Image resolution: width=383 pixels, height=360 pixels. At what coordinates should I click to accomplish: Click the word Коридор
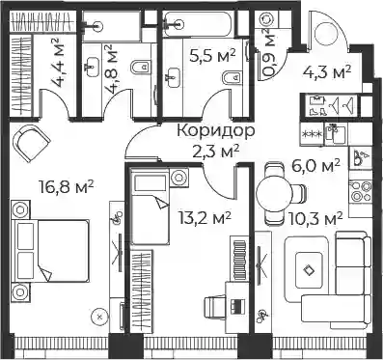tap(216, 131)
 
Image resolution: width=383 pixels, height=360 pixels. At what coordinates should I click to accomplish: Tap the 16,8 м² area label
tap(66, 187)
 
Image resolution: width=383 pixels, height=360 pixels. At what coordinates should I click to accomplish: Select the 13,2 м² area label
tap(205, 219)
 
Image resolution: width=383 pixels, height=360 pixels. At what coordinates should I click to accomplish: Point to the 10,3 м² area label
tap(315, 219)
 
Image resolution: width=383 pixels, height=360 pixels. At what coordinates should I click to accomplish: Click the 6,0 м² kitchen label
tap(315, 166)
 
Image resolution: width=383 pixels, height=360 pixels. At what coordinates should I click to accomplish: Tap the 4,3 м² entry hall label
tap(326, 72)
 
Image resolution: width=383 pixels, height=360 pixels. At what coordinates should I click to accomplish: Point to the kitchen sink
tap(336, 134)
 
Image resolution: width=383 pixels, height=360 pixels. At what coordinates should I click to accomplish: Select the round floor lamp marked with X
tap(99, 317)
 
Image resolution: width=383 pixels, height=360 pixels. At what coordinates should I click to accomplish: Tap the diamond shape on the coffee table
tap(309, 269)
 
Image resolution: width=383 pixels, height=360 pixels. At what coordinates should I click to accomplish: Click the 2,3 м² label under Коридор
tap(216, 151)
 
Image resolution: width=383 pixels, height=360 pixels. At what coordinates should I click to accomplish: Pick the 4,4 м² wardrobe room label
tap(58, 64)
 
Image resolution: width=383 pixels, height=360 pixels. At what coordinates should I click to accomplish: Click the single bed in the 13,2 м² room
tap(150, 206)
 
